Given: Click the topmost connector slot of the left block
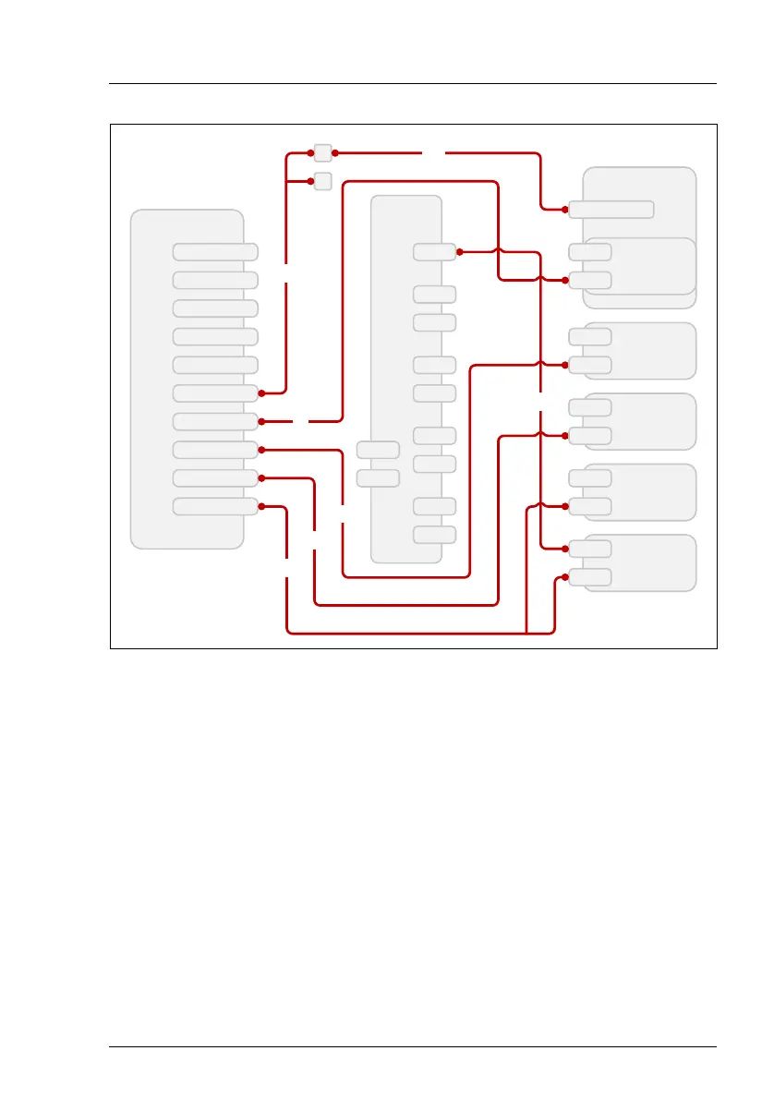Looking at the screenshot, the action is [x=215, y=251].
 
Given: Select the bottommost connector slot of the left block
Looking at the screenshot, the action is [x=215, y=506].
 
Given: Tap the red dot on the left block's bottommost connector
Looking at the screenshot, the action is [x=262, y=506].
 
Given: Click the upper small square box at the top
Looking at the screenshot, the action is [x=322, y=152].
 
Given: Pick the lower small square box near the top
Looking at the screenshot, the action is [x=322, y=181].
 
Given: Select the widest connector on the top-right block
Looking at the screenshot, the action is [x=611, y=209].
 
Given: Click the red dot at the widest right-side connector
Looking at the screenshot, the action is [x=565, y=209].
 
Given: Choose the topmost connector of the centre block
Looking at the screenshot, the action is [x=434, y=251].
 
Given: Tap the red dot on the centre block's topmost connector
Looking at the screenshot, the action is [x=459, y=251].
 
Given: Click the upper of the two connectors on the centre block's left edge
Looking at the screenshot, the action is [x=378, y=450].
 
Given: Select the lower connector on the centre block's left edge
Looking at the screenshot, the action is [x=378, y=478].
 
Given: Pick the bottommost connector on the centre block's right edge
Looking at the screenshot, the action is [x=434, y=535].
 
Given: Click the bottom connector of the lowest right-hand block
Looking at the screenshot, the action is [x=590, y=577].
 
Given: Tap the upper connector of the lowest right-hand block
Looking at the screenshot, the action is [x=590, y=549].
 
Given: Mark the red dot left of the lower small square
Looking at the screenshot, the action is [x=310, y=181].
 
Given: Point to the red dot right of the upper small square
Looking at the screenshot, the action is [x=335, y=152].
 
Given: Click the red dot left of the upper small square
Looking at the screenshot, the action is [x=310, y=152].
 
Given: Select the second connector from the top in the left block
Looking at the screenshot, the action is [x=215, y=280].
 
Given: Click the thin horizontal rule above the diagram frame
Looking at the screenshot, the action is [x=413, y=84].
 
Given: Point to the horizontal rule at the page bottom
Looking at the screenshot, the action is [x=413, y=1046].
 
